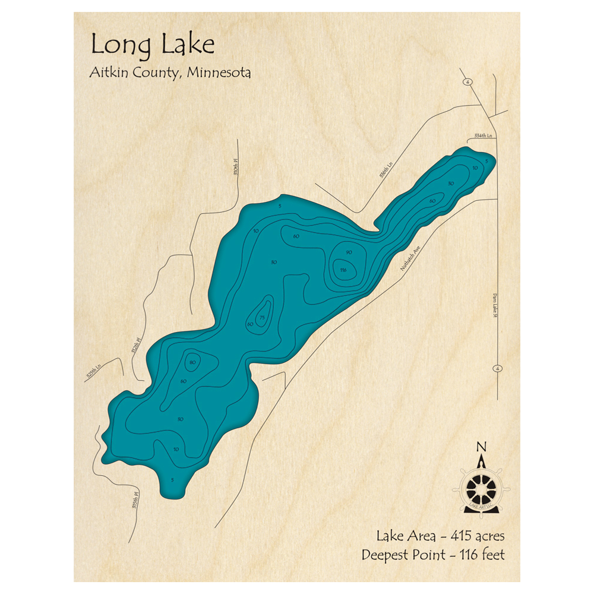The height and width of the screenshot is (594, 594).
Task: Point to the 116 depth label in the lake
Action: pyautogui.click(x=343, y=270)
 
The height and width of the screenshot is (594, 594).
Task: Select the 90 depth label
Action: pyautogui.click(x=349, y=252)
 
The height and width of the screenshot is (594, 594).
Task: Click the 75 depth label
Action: pyautogui.click(x=262, y=317)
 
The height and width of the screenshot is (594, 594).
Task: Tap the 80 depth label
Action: pyautogui.click(x=192, y=362)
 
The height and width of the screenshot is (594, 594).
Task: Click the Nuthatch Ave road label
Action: pyautogui.click(x=410, y=258)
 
